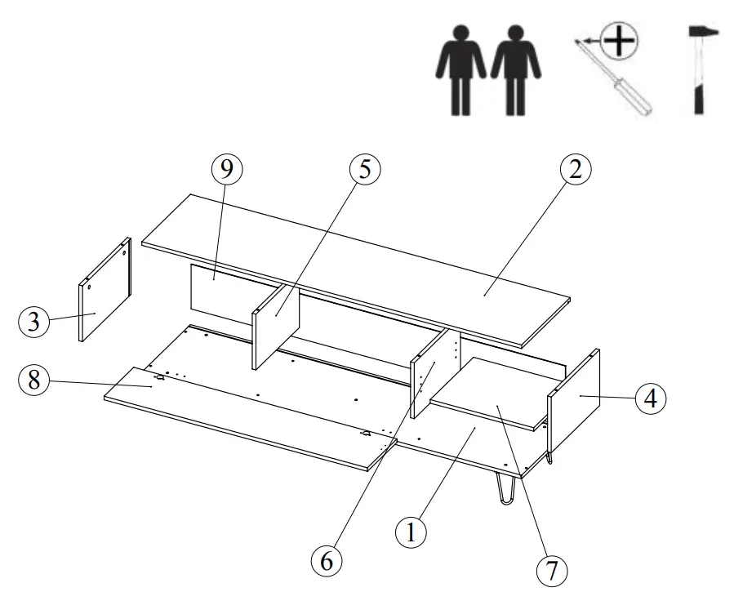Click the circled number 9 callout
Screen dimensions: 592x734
(x=226, y=170)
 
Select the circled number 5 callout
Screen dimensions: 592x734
(x=364, y=170)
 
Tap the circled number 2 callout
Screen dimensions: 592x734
(x=575, y=170)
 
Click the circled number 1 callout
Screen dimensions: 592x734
(x=411, y=532)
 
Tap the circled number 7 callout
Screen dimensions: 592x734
(x=553, y=569)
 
